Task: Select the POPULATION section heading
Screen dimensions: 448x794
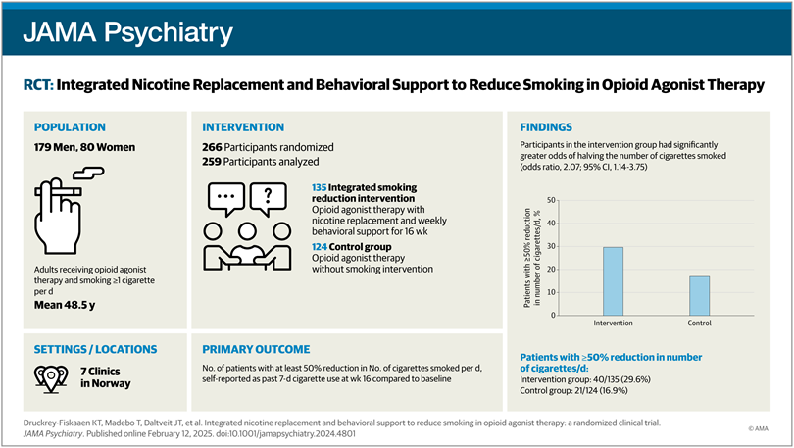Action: pos(74,127)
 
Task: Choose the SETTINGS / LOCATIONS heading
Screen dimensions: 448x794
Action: pos(95,349)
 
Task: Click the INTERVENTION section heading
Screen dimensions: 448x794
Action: pos(243,127)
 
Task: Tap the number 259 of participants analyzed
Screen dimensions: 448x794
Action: pos(216,162)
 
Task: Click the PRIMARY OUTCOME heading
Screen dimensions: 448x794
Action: pos(257,349)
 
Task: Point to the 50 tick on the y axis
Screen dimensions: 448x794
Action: pos(552,201)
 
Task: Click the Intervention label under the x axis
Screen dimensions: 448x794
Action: pos(612,323)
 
